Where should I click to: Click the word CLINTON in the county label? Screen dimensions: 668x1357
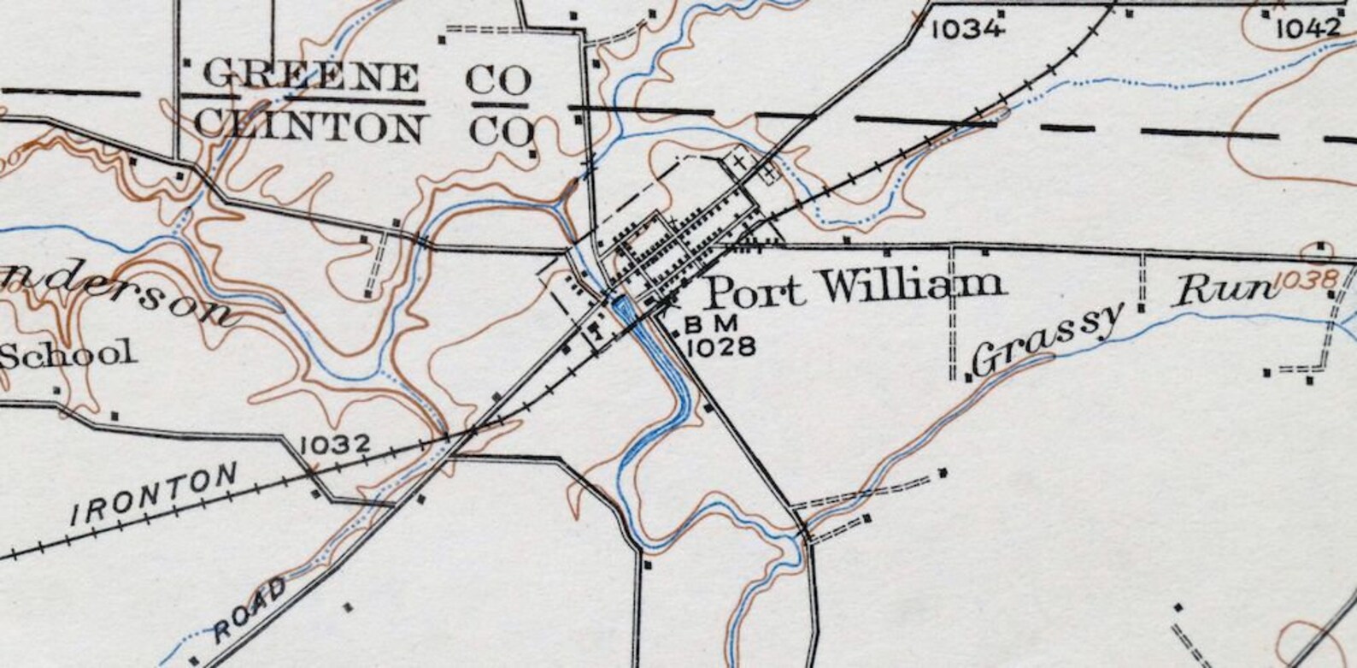308,127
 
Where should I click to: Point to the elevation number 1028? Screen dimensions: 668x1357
721,346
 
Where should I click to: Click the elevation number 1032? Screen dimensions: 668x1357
336,445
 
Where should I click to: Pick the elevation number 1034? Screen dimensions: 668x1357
966,29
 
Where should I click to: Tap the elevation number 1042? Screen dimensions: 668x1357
1308,29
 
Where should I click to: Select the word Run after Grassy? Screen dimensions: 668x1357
1224,292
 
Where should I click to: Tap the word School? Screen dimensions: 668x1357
69,353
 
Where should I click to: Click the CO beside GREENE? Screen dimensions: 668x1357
500,80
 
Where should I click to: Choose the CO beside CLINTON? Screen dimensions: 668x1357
502,130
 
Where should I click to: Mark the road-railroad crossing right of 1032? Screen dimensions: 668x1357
473,433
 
